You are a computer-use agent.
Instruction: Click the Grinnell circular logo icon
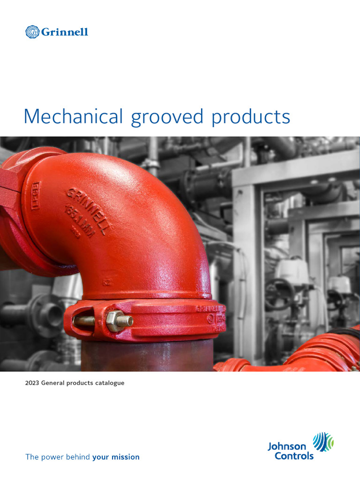[32, 32]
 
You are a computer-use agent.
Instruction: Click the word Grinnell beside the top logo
[65, 32]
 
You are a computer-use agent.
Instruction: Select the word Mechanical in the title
[74, 116]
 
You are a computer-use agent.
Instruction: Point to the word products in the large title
[251, 117]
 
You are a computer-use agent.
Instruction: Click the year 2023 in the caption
[32, 383]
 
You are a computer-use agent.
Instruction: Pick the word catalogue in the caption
[110, 383]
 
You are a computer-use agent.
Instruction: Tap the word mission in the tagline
[125, 457]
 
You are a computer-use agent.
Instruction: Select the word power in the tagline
[51, 457]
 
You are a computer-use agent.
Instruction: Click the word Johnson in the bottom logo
[286, 446]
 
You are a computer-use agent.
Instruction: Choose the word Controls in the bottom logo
[294, 456]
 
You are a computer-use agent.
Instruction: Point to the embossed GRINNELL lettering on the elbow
[89, 210]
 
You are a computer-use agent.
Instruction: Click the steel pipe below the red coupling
[145, 356]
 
